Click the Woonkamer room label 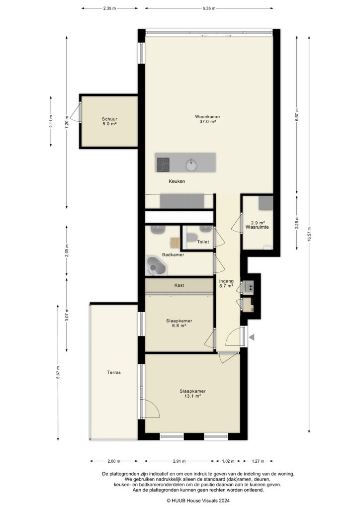coord(208,119)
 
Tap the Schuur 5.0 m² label coord(109,121)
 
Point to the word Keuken coord(177,181)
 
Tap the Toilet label coord(203,242)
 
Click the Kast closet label coord(180,285)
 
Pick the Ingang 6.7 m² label coord(226,283)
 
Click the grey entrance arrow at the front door coord(252,338)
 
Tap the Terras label coord(114,372)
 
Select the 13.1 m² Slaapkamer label coord(192,393)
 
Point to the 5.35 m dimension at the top coord(209,8)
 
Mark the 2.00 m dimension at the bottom coord(114,460)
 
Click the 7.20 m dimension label coord(67,122)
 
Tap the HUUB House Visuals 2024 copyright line coord(198,501)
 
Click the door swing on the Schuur coord(76,113)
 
